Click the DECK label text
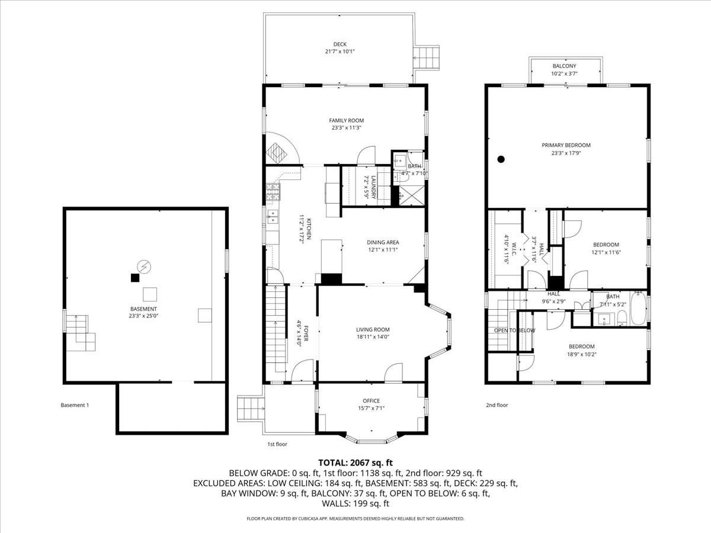[340, 44]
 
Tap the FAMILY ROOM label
[346, 120]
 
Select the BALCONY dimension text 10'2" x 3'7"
[564, 73]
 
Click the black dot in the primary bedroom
[501, 159]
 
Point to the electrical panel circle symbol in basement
[144, 266]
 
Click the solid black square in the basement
[135, 278]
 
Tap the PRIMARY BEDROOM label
[566, 145]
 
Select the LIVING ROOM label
[373, 329]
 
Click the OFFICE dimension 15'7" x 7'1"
[371, 408]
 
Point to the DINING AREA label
[383, 242]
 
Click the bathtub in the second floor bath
[638, 308]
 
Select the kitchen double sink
[273, 217]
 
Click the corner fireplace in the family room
[277, 153]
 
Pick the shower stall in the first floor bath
[411, 195]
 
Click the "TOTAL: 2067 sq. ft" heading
[355, 463]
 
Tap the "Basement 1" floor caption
[75, 405]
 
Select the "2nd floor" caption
[497, 405]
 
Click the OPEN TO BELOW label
[514, 330]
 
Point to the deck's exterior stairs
[427, 58]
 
